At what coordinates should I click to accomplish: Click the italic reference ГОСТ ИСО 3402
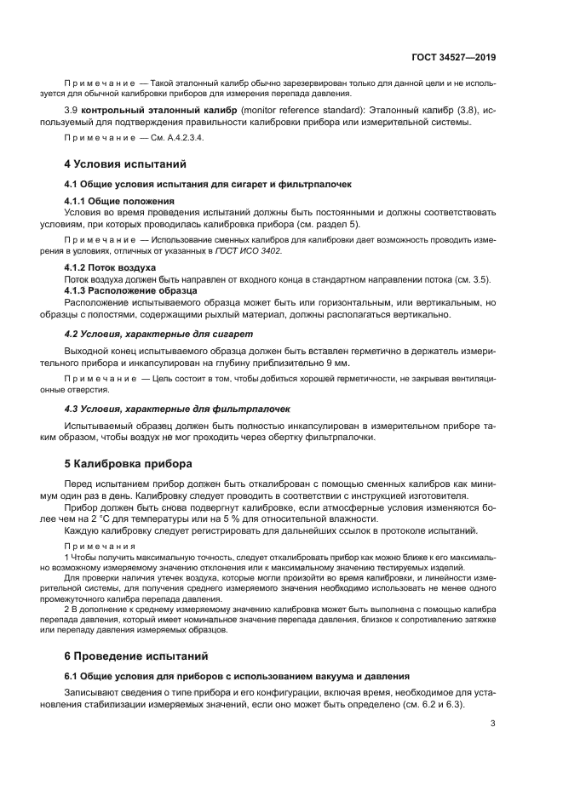point(253,250)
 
